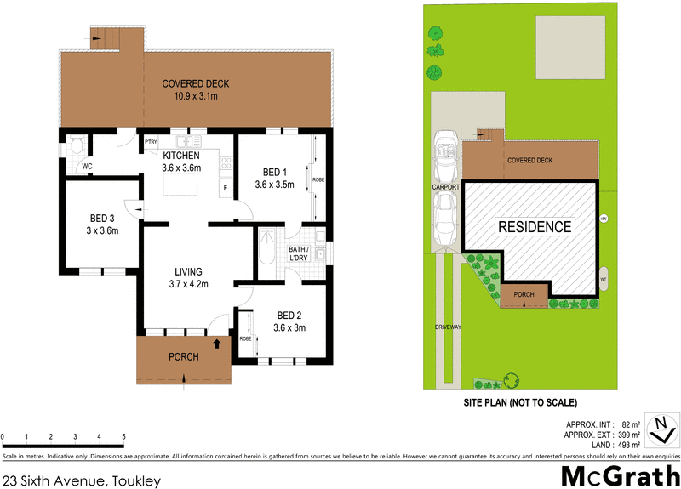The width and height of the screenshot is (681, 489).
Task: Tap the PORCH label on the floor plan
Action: pyautogui.click(x=183, y=357)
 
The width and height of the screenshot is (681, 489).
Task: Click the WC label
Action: pyautogui.click(x=88, y=167)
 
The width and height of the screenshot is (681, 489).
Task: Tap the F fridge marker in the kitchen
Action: pyautogui.click(x=226, y=187)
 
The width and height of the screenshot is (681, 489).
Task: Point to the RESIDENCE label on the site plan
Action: pyautogui.click(x=535, y=227)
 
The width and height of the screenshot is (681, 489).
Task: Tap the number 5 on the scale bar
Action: pyautogui.click(x=124, y=436)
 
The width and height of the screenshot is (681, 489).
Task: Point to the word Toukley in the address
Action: pyautogui.click(x=135, y=480)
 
